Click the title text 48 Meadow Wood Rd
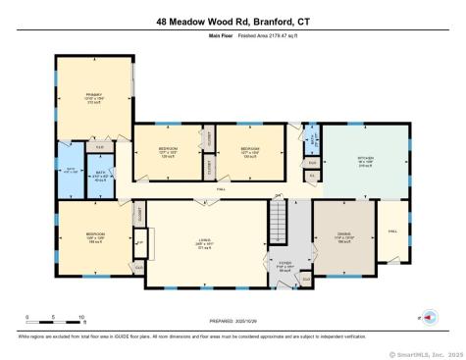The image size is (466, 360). click(x=233, y=21)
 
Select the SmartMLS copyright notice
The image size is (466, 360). click(x=425, y=354)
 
